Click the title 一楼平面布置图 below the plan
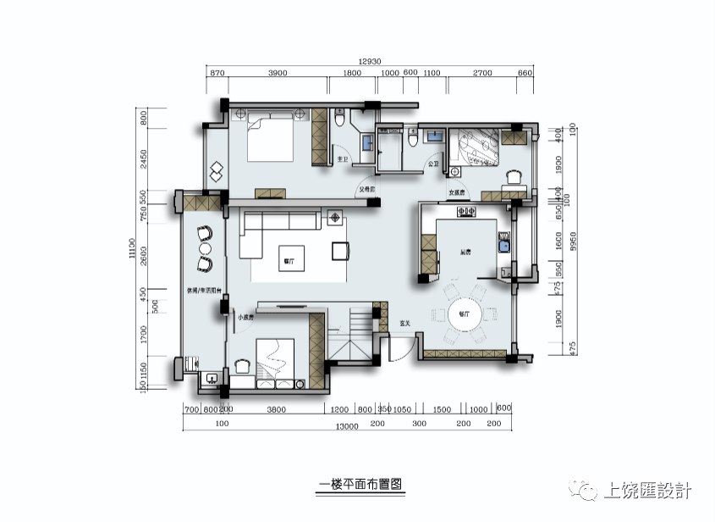tap(359, 485)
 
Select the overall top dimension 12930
tap(370, 61)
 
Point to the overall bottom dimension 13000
tap(346, 425)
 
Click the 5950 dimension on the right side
tap(573, 242)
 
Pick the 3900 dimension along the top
tap(278, 74)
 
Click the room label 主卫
tap(343, 159)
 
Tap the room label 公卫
tap(434, 164)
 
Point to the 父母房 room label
tap(365, 190)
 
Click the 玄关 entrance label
tap(404, 323)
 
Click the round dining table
tap(464, 314)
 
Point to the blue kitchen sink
tap(503, 246)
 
